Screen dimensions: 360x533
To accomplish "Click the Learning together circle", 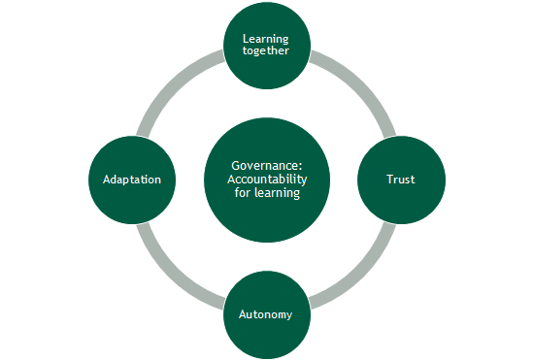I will click(x=266, y=45).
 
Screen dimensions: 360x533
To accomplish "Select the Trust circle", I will click(x=401, y=180).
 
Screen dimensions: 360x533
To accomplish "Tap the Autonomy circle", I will click(x=266, y=314).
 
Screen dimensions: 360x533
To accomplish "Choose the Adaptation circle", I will click(x=131, y=180).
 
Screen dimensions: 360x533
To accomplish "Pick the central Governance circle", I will click(x=266, y=180).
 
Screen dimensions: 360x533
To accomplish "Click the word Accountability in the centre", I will click(x=266, y=180).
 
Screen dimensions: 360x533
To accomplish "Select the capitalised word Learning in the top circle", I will click(x=266, y=39).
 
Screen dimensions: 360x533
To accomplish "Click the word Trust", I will click(x=401, y=180).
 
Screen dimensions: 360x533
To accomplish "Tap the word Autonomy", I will click(x=266, y=314).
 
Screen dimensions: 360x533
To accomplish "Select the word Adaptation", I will click(x=131, y=180).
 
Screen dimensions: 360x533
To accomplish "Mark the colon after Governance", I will click(x=295, y=166).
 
